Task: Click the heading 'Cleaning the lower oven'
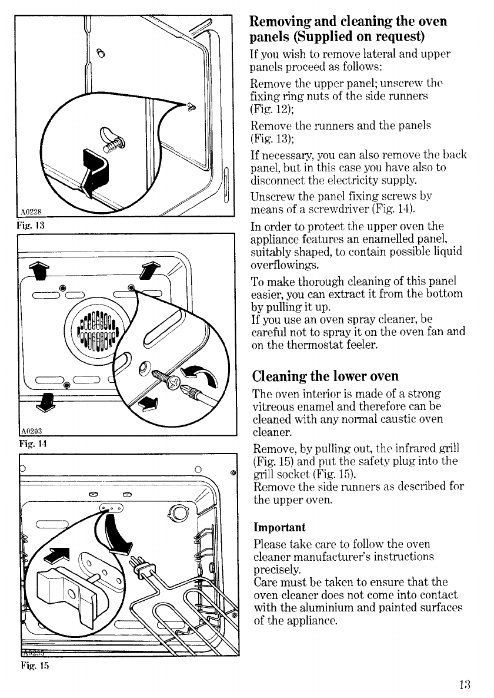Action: (x=325, y=376)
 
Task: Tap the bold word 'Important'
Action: (x=278, y=526)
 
